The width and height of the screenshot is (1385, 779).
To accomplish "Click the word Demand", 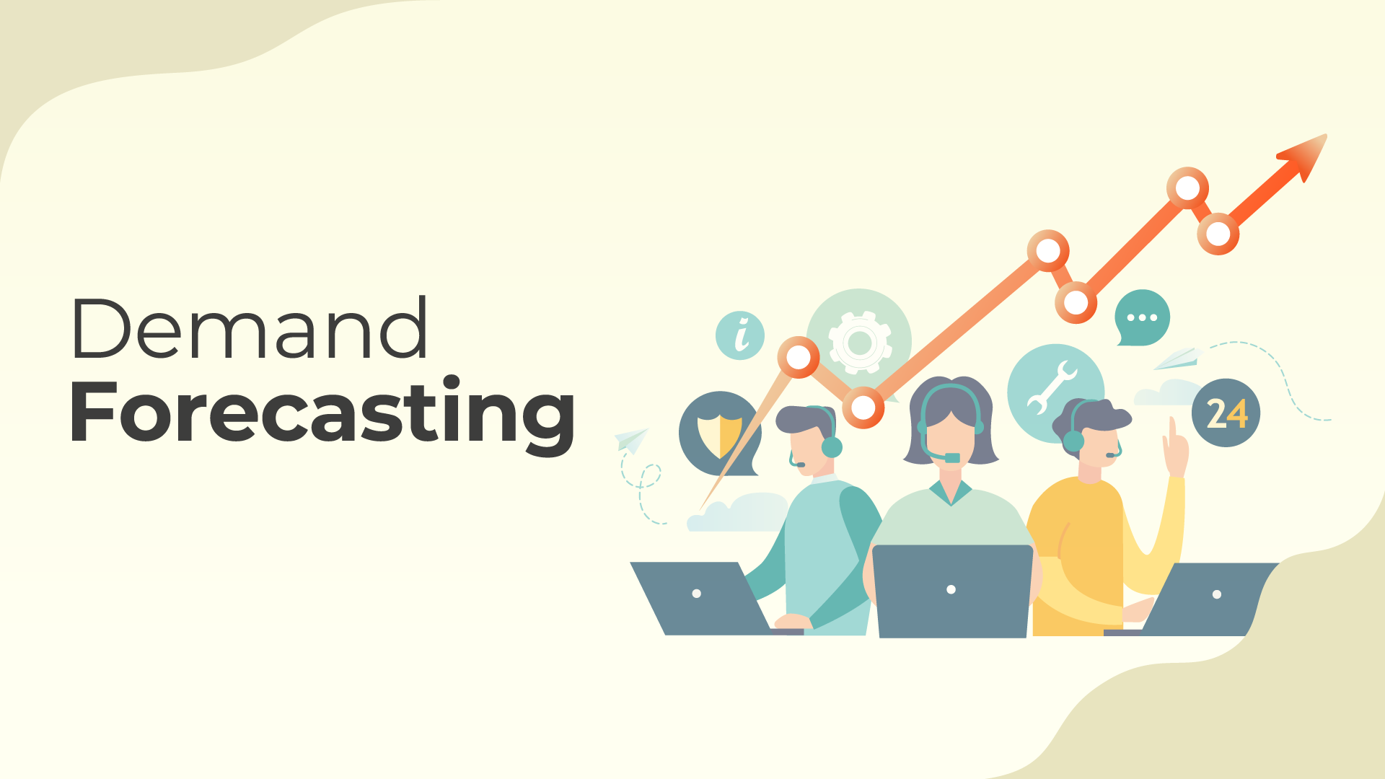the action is (250, 328).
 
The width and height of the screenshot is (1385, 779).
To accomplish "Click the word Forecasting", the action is (322, 413).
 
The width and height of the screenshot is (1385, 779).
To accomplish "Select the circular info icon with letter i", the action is (740, 335).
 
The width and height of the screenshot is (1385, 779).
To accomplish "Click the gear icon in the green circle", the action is (859, 343).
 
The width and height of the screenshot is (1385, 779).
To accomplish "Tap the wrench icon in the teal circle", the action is (1052, 387).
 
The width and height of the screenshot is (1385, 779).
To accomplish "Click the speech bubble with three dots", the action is (1142, 318).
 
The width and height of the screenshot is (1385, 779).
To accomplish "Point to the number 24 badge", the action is (1226, 413).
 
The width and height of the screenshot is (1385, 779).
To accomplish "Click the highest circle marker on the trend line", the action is (1187, 188).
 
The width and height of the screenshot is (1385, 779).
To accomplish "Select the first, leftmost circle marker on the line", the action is (799, 357).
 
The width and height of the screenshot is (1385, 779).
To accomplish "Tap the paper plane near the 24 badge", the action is (1177, 358).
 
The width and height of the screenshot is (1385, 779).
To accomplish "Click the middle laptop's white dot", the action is (951, 589).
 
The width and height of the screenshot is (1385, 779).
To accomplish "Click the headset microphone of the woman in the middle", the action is (951, 458).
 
